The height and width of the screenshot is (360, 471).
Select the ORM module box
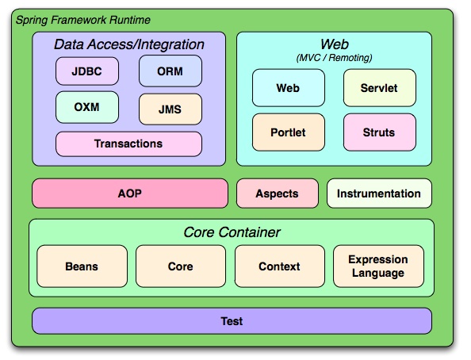170,71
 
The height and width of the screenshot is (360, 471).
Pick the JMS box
170,109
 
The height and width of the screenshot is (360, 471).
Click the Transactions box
128,144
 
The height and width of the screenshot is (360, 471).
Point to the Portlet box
288,132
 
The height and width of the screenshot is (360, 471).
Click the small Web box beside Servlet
288,88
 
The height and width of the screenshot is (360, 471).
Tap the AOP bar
129,193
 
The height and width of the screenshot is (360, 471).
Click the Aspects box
278,193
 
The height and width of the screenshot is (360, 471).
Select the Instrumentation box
379,193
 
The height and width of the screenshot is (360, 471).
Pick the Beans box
82,266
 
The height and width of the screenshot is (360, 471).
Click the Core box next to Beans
181,266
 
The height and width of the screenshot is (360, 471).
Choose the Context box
279,266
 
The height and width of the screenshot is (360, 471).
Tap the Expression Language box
378,266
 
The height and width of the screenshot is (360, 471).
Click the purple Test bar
232,321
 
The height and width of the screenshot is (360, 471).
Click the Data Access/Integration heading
128,45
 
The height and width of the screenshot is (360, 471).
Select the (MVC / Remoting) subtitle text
334,57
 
